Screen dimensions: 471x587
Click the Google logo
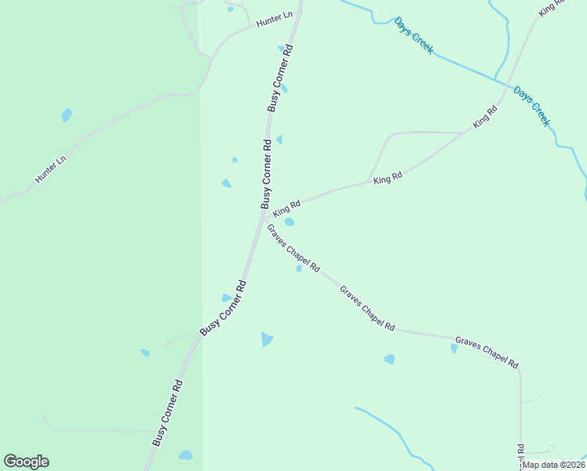tap(26, 462)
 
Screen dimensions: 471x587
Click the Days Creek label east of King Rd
tap(532, 106)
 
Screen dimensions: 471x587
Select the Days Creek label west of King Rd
tap(414, 35)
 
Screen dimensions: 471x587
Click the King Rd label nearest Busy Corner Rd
tap(286, 208)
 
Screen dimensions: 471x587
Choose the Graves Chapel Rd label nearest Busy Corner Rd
tap(293, 248)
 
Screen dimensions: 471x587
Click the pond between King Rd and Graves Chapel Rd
tap(290, 222)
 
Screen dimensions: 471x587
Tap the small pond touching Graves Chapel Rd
tap(299, 268)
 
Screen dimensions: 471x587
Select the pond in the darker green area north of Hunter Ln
tap(67, 115)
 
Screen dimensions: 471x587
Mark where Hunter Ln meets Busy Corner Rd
tap(297, 16)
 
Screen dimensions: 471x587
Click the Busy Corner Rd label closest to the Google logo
tap(169, 414)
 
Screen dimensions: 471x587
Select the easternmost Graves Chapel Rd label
tap(487, 352)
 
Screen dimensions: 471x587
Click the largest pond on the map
tap(267, 339)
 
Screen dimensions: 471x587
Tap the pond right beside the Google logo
tap(185, 455)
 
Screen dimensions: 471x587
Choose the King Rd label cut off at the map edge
tap(552, 8)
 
